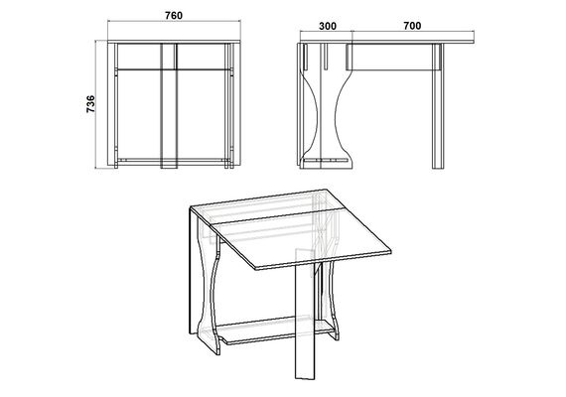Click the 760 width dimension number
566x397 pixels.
174,16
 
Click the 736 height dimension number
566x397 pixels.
90,104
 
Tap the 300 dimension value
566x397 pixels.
328,26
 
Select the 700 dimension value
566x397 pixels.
412,26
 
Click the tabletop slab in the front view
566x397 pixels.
174,42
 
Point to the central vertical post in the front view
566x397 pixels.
169,106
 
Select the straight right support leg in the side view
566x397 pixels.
438,106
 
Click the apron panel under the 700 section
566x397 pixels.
393,57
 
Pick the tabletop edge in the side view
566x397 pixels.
387,42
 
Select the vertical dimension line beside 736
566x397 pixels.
95,104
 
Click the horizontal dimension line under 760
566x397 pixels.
174,22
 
